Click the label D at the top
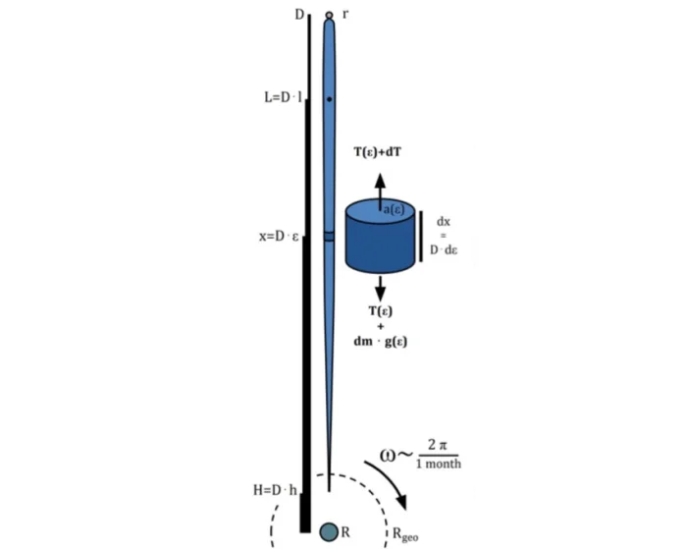(x=299, y=15)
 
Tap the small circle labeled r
(x=329, y=16)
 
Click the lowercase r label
(x=345, y=15)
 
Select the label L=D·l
(x=283, y=97)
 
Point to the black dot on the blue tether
(x=330, y=99)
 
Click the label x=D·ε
(x=279, y=237)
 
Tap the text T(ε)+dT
(x=377, y=152)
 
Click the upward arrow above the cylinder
(x=380, y=192)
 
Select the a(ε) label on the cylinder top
(x=394, y=210)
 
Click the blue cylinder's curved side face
(x=380, y=247)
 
